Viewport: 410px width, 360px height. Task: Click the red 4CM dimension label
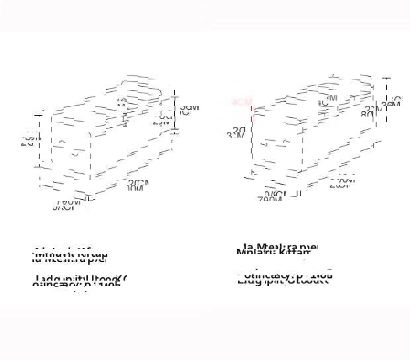pyautogui.click(x=242, y=103)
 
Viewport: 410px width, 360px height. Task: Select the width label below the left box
pyautogui.click(x=68, y=206)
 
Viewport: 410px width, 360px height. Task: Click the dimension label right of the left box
pyautogui.click(x=189, y=108)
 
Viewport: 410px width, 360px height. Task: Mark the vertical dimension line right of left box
pyautogui.click(x=175, y=112)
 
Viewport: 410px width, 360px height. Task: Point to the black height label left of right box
pyautogui.click(x=236, y=132)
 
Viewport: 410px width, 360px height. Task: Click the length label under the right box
pyautogui.click(x=342, y=181)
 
